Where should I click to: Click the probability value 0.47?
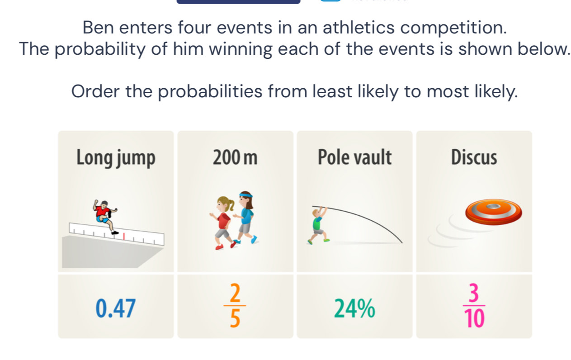[x=115, y=308]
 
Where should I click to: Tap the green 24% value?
[x=354, y=308]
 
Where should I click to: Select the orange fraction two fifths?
[x=235, y=305]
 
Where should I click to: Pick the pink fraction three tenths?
[x=474, y=305]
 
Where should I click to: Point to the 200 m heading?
[x=235, y=157]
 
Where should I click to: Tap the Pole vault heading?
[x=354, y=157]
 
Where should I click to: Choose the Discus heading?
[x=474, y=157]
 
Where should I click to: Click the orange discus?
[x=494, y=212]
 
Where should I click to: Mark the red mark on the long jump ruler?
[x=124, y=237]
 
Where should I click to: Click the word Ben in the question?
[x=98, y=28]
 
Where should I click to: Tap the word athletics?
[x=359, y=28]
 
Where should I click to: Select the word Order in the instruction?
[x=95, y=91]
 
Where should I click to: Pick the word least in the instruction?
[x=332, y=91]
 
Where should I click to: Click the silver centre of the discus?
[x=494, y=206]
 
